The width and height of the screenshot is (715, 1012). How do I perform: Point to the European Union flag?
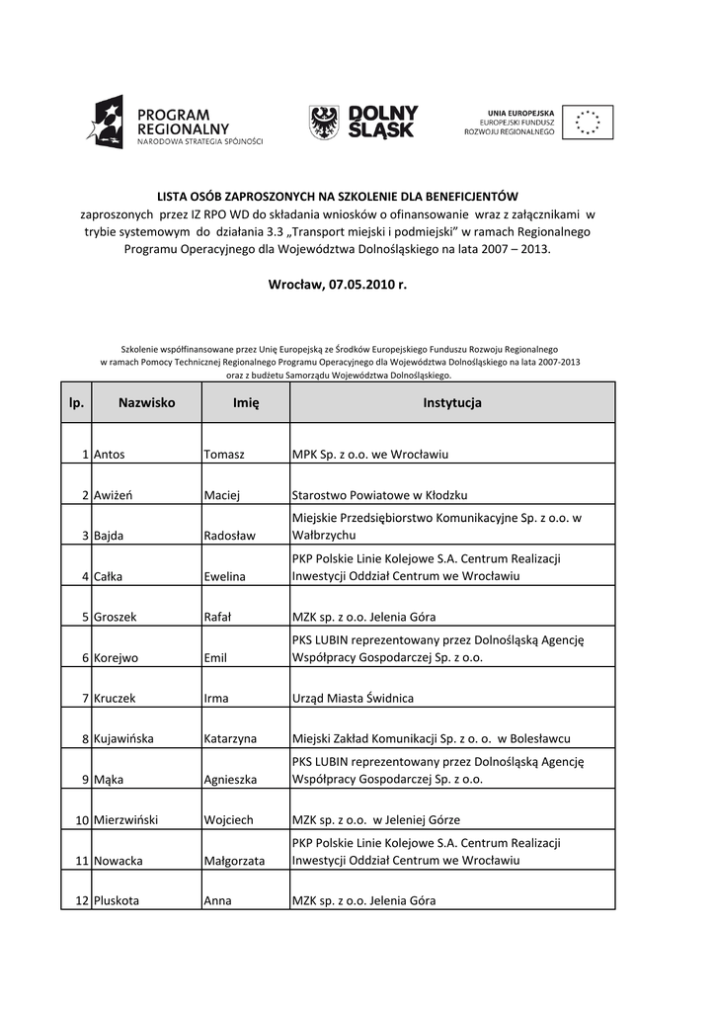(x=589, y=123)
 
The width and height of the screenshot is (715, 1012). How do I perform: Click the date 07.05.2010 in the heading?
(x=359, y=285)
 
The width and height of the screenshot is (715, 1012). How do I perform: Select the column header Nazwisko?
(x=146, y=403)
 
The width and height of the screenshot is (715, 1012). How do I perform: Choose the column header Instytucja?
(x=451, y=403)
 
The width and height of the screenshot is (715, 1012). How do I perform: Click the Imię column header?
(x=245, y=403)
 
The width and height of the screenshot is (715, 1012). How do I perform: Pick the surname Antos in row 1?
(x=110, y=455)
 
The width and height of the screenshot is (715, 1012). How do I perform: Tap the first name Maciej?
(x=223, y=495)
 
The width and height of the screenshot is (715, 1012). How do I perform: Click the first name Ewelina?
(x=225, y=576)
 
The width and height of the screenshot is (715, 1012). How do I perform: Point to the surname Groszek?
(x=116, y=617)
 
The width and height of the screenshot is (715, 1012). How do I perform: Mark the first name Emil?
(x=215, y=657)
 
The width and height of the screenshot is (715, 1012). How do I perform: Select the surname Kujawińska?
(x=128, y=738)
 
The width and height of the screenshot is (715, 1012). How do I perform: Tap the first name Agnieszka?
(x=230, y=779)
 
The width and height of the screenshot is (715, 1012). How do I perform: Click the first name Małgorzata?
(x=234, y=861)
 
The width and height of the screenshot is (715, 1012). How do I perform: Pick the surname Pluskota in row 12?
(x=117, y=901)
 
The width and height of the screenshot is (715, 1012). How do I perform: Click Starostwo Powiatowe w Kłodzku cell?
(x=379, y=495)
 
